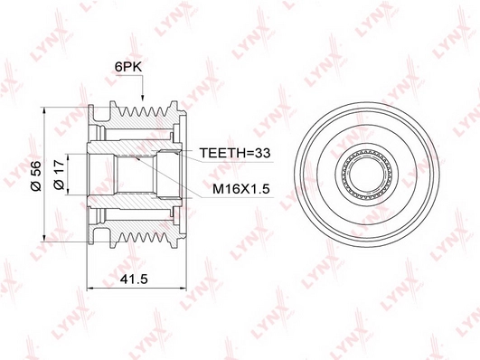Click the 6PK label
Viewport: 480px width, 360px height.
[128, 67]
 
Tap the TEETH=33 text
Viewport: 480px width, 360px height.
[235, 153]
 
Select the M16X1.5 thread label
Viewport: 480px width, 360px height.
[241, 189]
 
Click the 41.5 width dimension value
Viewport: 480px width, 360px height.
[134, 279]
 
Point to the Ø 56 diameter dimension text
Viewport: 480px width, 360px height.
[36, 176]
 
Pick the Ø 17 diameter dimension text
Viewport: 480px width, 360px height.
[59, 175]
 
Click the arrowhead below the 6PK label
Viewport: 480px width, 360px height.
[142, 97]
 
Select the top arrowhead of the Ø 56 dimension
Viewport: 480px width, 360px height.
[44, 111]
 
